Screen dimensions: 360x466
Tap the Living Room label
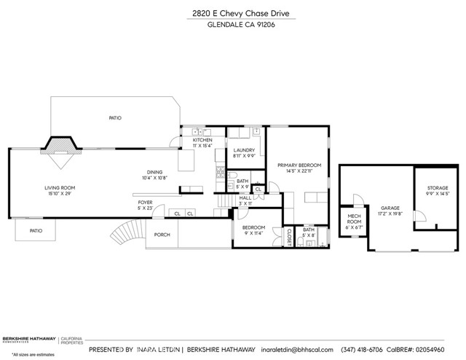[60, 190]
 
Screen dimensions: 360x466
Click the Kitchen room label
[202, 143]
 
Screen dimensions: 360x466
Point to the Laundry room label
[243, 152]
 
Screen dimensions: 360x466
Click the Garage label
[390, 211]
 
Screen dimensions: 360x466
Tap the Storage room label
[438, 191]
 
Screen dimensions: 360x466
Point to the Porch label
[161, 235]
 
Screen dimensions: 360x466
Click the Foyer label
[146, 206]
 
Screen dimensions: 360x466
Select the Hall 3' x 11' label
[245, 200]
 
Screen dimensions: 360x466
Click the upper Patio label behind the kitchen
[115, 117]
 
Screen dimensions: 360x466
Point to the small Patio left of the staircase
[36, 231]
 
